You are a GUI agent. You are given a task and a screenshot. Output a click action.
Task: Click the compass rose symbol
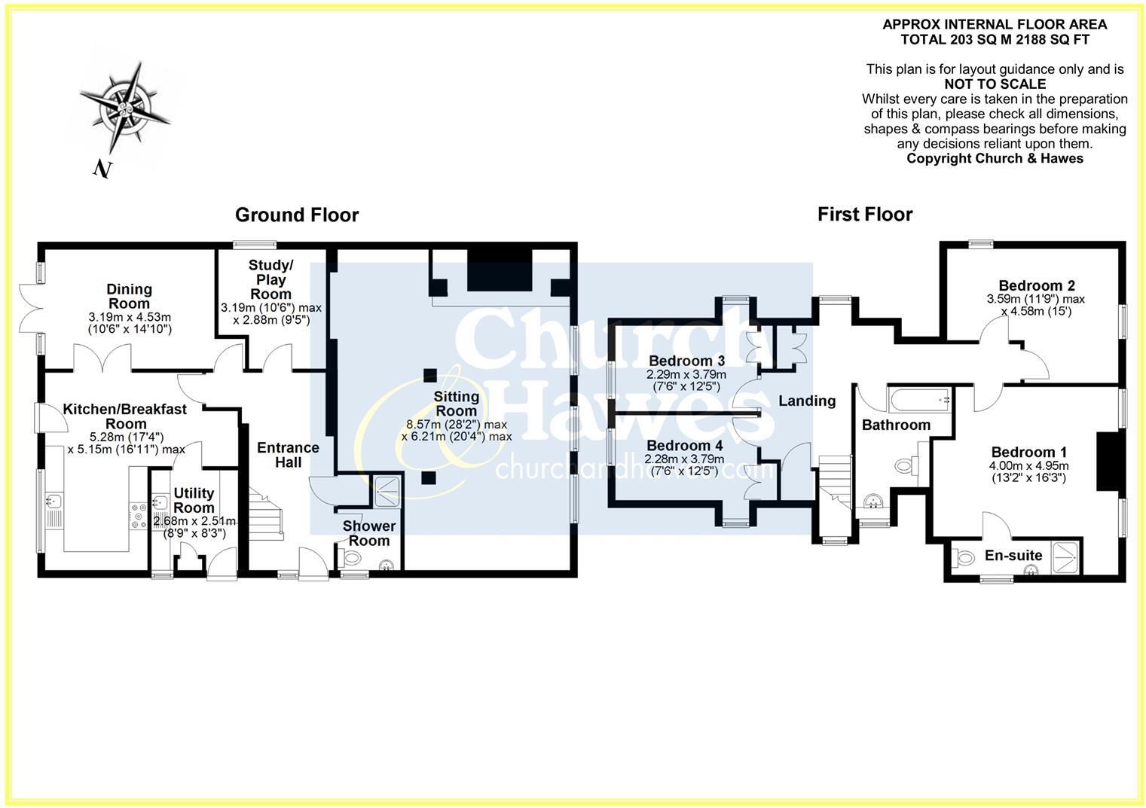(x=124, y=107)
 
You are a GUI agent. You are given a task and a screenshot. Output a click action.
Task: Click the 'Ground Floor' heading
(x=297, y=215)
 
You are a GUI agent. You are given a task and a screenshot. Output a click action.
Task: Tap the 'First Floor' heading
(x=864, y=215)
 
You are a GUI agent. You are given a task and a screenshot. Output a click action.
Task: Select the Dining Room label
(x=129, y=296)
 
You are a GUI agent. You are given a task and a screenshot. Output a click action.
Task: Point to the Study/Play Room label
(x=270, y=279)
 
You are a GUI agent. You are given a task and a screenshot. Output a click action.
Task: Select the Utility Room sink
(x=160, y=502)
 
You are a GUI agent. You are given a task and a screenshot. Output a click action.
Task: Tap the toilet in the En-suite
(x=964, y=558)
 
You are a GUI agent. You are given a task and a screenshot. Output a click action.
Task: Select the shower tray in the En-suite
(x=1065, y=556)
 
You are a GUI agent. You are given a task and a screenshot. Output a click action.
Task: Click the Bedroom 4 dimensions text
(x=684, y=465)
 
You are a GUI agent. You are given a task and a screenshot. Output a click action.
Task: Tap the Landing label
(x=807, y=401)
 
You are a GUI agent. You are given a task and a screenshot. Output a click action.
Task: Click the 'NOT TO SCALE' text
(x=995, y=84)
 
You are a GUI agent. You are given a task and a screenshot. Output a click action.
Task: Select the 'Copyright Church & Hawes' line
(x=995, y=158)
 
